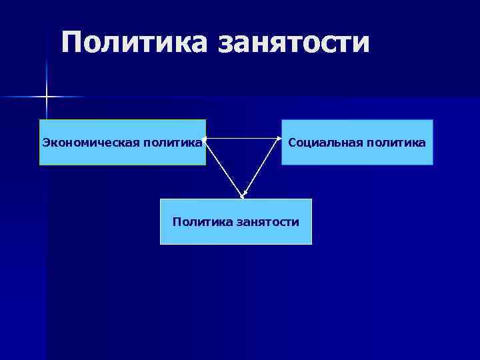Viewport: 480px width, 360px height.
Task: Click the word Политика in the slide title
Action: [133, 43]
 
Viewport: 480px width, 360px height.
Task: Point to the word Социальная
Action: [321, 142]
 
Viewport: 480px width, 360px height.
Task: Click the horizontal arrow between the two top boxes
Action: [243, 139]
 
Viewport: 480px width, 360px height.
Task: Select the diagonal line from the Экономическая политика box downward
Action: [223, 168]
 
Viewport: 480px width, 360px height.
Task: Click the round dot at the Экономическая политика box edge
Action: [204, 139]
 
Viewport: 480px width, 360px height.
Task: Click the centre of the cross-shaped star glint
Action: [47, 97]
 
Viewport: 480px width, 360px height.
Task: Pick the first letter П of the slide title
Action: [72, 43]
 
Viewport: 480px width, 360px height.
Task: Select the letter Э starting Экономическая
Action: [45, 142]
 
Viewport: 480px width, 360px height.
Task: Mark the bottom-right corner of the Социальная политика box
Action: [433, 164]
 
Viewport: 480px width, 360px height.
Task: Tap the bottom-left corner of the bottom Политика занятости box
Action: [161, 244]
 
